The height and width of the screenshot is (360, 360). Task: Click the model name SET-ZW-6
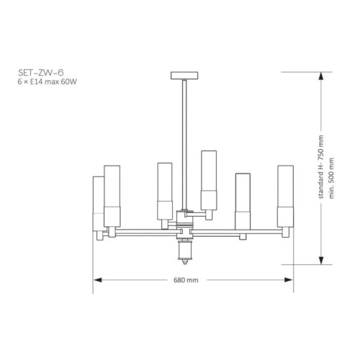click(41, 73)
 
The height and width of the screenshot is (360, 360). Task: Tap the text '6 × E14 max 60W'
click(48, 82)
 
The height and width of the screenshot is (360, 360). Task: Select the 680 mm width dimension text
click(186, 280)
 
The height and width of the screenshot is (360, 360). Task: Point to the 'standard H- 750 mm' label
click(321, 167)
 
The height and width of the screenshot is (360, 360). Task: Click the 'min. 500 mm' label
click(331, 178)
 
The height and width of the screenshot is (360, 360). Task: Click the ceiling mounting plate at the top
click(184, 76)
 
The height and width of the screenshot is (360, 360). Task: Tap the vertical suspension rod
click(184, 145)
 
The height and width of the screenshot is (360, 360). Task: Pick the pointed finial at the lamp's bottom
click(184, 261)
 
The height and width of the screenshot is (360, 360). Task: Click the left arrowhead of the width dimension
click(97, 280)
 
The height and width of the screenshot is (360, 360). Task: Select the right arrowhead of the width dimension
click(289, 280)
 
